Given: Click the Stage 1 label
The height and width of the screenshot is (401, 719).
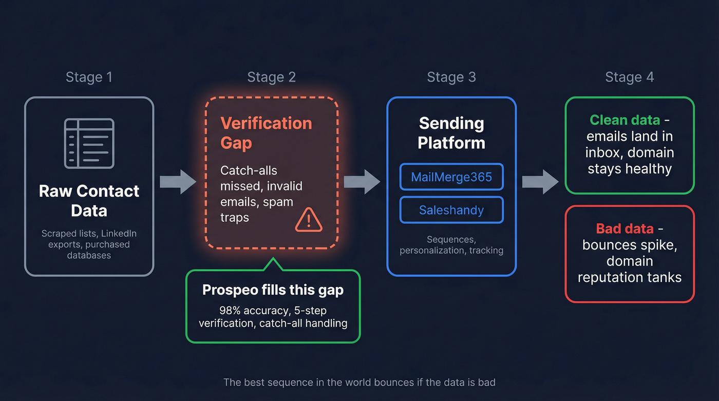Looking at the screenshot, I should pyautogui.click(x=88, y=78).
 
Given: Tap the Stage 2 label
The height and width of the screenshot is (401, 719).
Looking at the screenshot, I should pyautogui.click(x=271, y=78).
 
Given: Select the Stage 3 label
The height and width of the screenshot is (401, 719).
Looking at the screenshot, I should pyautogui.click(x=451, y=78).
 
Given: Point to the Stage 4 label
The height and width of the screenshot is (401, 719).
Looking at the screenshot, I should pyautogui.click(x=629, y=78).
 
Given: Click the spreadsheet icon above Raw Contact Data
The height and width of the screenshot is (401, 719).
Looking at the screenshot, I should pyautogui.click(x=89, y=143).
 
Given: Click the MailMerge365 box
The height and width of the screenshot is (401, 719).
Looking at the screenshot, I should pyautogui.click(x=451, y=177).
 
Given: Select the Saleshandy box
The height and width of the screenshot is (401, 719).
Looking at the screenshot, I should pyautogui.click(x=451, y=210).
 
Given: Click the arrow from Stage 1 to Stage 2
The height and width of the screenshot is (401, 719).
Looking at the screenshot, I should pyautogui.click(x=178, y=182).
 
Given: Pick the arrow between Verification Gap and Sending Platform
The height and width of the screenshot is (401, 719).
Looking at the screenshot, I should pyautogui.click(x=362, y=182).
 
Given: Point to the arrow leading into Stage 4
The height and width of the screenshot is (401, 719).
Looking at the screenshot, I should pyautogui.click(x=540, y=182).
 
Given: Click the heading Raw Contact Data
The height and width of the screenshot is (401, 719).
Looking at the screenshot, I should pyautogui.click(x=89, y=200).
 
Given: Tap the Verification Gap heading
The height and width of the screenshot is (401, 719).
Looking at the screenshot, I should pyautogui.click(x=266, y=132).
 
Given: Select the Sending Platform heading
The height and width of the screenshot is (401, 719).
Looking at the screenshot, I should pyautogui.click(x=451, y=132).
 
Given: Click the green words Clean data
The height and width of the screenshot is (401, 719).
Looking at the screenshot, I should pyautogui.click(x=625, y=120).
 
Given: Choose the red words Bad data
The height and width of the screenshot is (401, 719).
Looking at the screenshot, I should pyautogui.click(x=625, y=228).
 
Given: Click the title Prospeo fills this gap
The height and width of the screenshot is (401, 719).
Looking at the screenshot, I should pyautogui.click(x=273, y=290).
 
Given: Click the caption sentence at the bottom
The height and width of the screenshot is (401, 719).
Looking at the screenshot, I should pyautogui.click(x=359, y=382).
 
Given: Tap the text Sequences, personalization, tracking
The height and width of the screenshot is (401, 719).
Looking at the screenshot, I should pyautogui.click(x=451, y=245).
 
